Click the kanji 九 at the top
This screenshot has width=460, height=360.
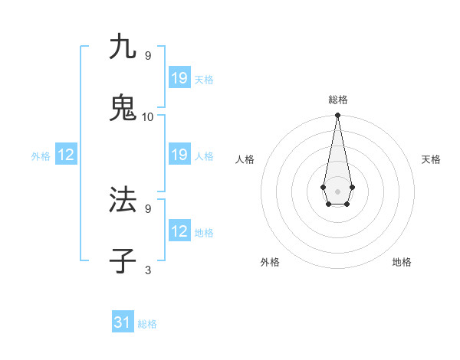(x=123, y=47)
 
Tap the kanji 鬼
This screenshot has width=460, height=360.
(x=123, y=108)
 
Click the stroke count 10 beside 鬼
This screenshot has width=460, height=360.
(x=148, y=117)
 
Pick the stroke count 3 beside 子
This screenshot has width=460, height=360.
(x=148, y=270)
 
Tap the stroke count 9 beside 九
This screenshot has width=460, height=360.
(x=148, y=56)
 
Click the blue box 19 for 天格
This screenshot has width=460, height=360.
(x=179, y=77)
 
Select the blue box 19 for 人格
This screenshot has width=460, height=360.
(x=179, y=155)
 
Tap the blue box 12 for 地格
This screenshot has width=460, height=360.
(x=179, y=231)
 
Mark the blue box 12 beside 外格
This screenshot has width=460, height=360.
(x=66, y=155)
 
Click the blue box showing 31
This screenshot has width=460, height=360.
(x=123, y=322)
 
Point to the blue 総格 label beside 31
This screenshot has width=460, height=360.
(x=147, y=324)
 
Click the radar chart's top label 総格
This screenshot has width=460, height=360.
(x=338, y=100)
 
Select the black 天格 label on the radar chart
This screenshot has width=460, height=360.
(x=431, y=159)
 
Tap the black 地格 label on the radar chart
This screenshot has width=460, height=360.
(x=402, y=263)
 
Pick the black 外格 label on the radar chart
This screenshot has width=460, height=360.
(x=270, y=263)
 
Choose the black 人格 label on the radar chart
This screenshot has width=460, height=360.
(x=245, y=159)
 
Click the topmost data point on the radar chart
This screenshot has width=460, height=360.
(x=337, y=115)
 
